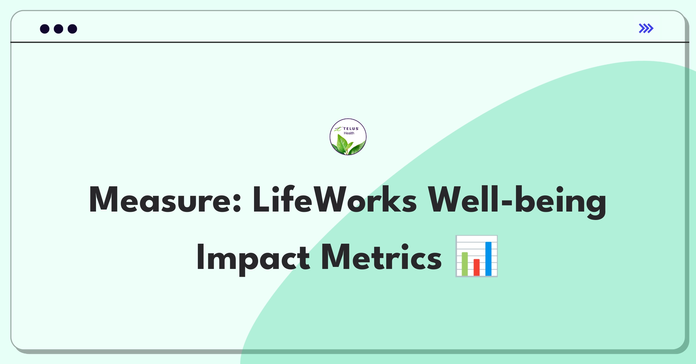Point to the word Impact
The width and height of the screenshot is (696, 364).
(x=253, y=257)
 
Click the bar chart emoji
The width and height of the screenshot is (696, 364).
(x=476, y=256)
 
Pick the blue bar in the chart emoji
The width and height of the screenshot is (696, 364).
(x=488, y=259)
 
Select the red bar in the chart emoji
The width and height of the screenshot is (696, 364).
(x=476, y=267)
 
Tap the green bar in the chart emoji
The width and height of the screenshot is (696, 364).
(x=465, y=264)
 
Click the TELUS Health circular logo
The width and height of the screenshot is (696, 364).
(x=348, y=137)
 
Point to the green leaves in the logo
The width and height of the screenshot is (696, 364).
(x=348, y=145)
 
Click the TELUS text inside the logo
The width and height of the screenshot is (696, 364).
(x=351, y=129)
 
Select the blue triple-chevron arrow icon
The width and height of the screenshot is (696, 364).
(x=646, y=28)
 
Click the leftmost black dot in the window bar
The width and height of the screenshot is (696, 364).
(x=45, y=29)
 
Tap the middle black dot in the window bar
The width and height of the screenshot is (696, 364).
(x=59, y=29)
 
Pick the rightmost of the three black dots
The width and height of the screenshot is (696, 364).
(x=72, y=29)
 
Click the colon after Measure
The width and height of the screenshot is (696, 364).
(x=237, y=203)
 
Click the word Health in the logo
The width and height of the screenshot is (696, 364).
(x=349, y=133)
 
